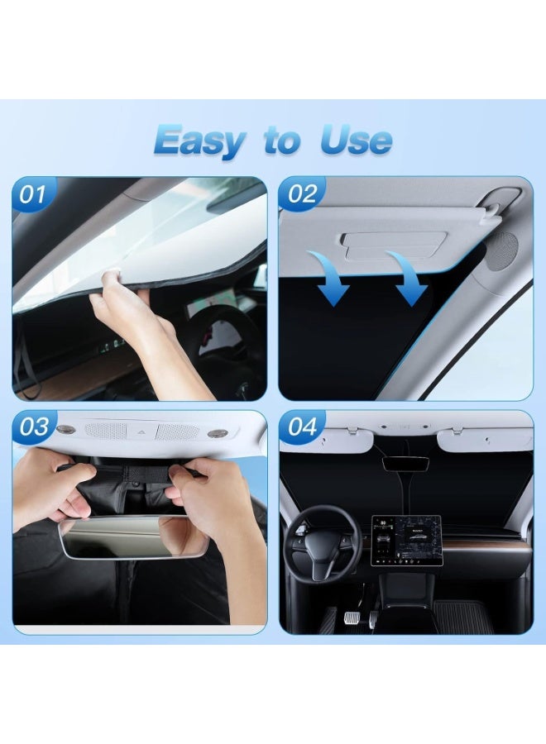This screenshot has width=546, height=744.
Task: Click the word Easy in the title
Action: click(199, 141)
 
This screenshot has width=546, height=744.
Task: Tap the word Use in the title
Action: click(357, 141)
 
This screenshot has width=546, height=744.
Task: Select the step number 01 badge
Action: click(33, 195)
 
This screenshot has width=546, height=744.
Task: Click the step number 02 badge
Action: click(302, 195)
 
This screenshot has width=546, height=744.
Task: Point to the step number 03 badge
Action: click(34, 427)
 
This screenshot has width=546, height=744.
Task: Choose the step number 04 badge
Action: click(303, 427)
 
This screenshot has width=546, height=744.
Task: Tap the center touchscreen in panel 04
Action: click(405, 542)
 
